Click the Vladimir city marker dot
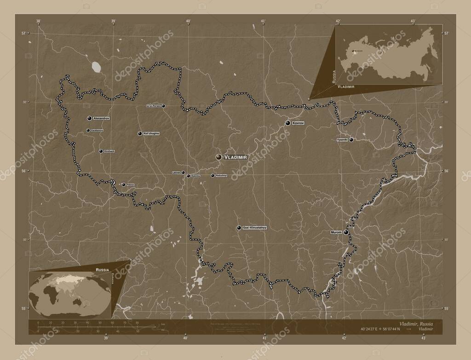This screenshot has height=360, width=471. click(x=219, y=157)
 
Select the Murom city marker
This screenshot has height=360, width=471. click(x=345, y=233)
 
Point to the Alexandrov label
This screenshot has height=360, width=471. click(x=101, y=118)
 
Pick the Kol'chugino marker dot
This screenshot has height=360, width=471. click(x=139, y=133)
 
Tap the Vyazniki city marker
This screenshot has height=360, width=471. click(x=351, y=140)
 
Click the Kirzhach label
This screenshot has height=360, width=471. click(x=109, y=151)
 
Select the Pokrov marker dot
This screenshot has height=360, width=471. click(x=123, y=185)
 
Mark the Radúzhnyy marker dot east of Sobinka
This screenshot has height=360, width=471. click(x=213, y=175)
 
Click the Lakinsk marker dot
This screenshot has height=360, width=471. click(x=183, y=172)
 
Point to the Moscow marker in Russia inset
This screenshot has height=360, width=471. click(x=353, y=51)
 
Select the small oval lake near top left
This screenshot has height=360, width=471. click(x=97, y=67)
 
